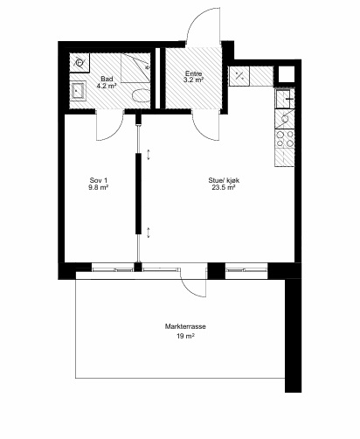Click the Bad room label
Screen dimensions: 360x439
click(x=107, y=79)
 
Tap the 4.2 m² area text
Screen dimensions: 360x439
click(x=107, y=86)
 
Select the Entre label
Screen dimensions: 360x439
click(x=193, y=73)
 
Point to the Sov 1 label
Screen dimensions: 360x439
click(x=99, y=180)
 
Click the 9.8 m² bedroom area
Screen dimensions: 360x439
click(x=99, y=187)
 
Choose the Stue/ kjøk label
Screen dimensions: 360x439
click(x=224, y=180)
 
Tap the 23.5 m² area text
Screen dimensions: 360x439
click(x=224, y=187)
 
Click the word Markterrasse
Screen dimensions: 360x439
click(x=185, y=326)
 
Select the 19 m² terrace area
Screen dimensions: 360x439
click(x=185, y=336)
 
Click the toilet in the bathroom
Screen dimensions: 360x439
click(x=141, y=95)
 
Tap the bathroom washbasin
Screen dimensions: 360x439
click(x=78, y=91)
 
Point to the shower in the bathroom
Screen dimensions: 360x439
click(x=135, y=68)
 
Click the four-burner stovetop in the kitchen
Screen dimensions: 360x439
click(x=285, y=139)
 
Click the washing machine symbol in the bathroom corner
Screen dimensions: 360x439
click(x=80, y=63)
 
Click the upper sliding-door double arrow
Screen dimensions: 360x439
click(x=149, y=155)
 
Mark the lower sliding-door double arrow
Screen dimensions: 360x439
click(x=149, y=233)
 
